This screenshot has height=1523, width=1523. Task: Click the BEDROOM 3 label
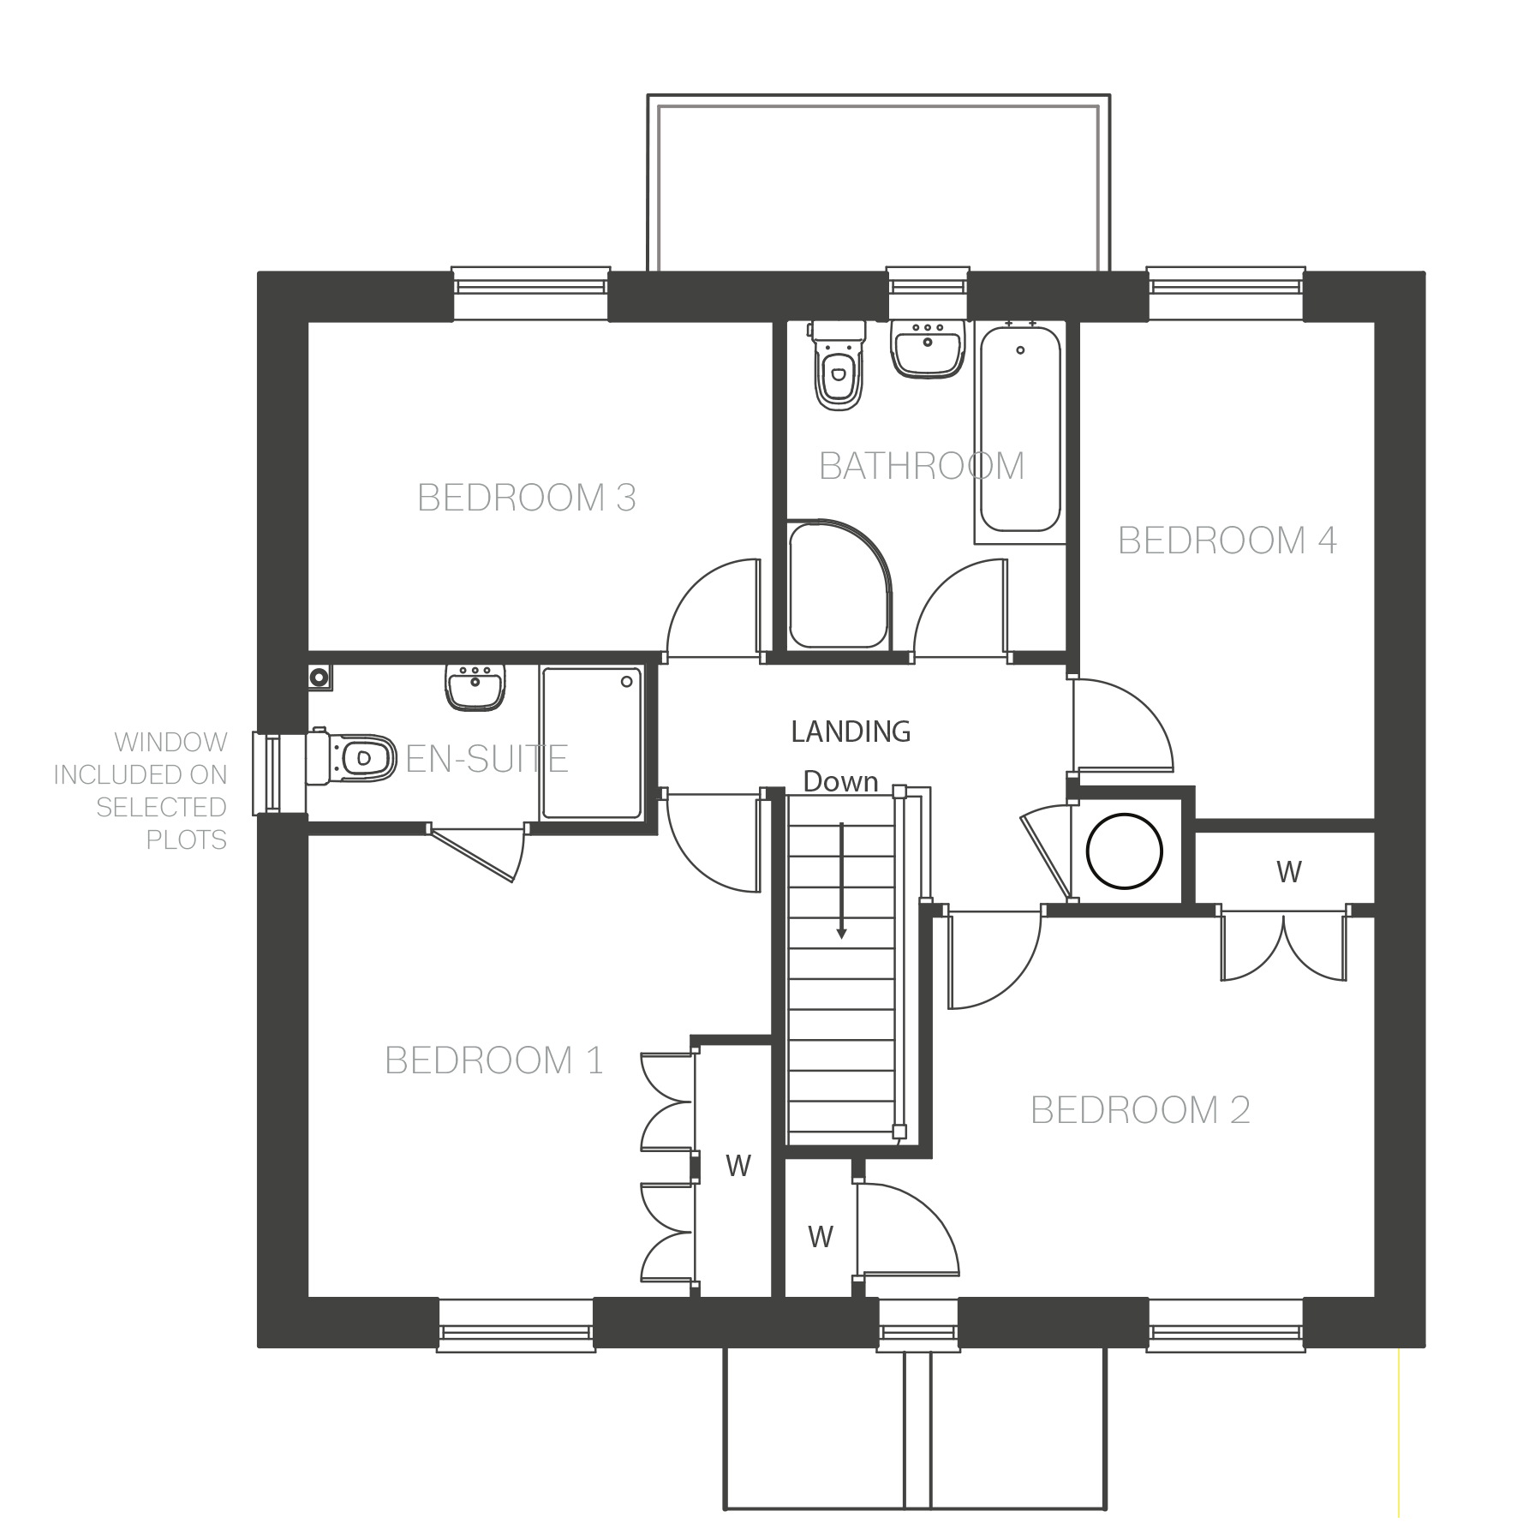pos(527,498)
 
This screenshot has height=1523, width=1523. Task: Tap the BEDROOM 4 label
pos(1227,541)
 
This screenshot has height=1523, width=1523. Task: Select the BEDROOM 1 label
pos(494,1060)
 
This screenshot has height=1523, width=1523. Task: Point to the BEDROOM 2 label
pos(1140,1110)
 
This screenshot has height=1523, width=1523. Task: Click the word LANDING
pos(851,732)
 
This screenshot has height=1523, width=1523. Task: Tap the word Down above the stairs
pos(841,782)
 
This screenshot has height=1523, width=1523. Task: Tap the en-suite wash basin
pos(475,687)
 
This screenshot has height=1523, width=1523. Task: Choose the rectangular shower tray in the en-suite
pos(591,742)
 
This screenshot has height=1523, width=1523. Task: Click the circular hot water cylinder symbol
pos(1125,851)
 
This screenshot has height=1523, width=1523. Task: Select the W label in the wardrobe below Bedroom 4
pos(1289,871)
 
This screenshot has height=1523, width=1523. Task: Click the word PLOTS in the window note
pos(186,839)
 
